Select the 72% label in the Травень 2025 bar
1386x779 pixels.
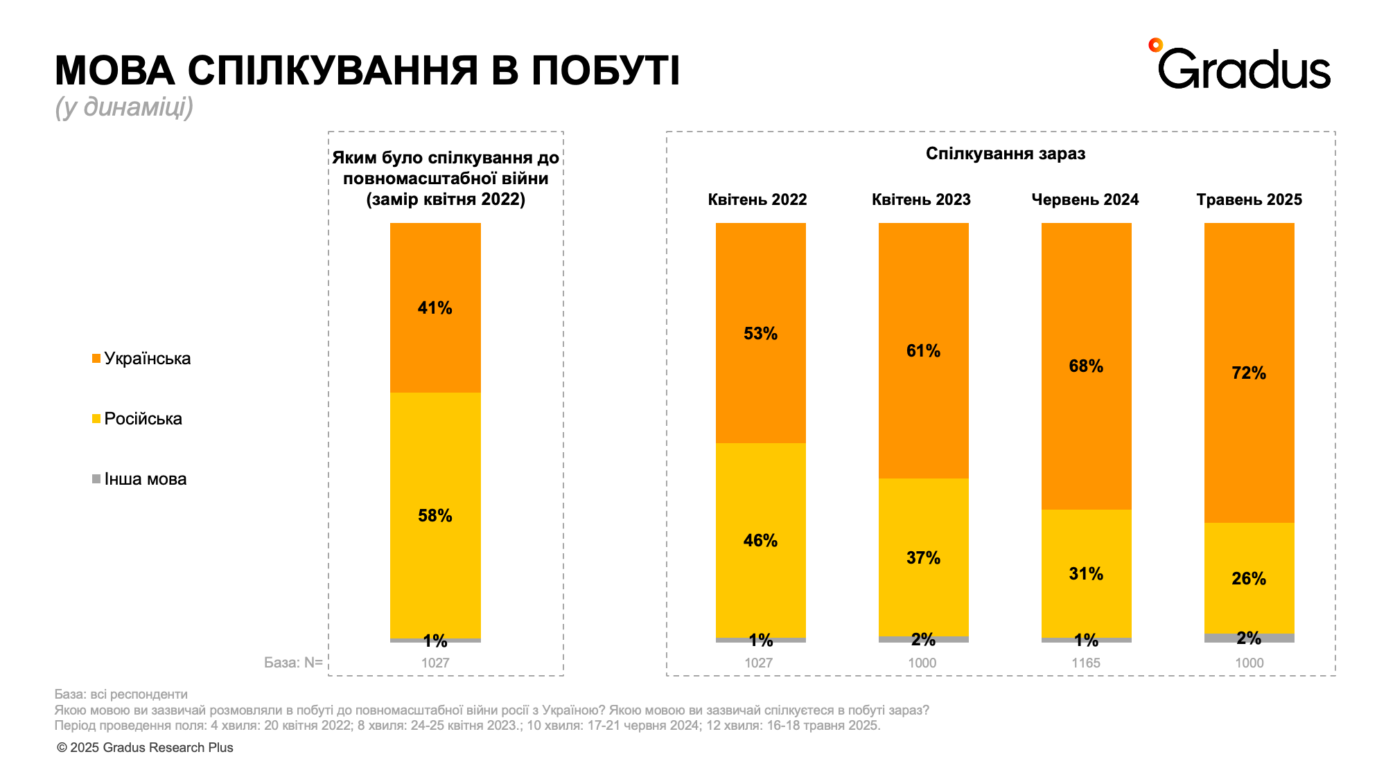pyautogui.click(x=1248, y=373)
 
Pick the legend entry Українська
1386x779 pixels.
pyautogui.click(x=147, y=359)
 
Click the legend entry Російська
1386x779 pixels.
pyautogui.click(x=143, y=419)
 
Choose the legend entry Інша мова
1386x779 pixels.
pyautogui.click(x=145, y=479)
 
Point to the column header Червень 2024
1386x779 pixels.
pyautogui.click(x=1085, y=199)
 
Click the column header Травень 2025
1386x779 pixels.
pyautogui.click(x=1249, y=199)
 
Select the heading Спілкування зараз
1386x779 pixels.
pyautogui.click(x=1005, y=154)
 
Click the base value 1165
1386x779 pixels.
pyautogui.click(x=1085, y=663)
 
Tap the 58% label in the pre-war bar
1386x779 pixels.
pyautogui.click(x=435, y=516)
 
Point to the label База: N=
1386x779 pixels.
pyautogui.click(x=293, y=663)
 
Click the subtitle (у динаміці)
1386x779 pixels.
pyautogui.click(x=124, y=107)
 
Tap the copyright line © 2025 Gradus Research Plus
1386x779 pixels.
pyautogui.click(x=145, y=748)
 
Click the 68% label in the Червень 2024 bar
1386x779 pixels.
pyautogui.click(x=1085, y=366)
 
